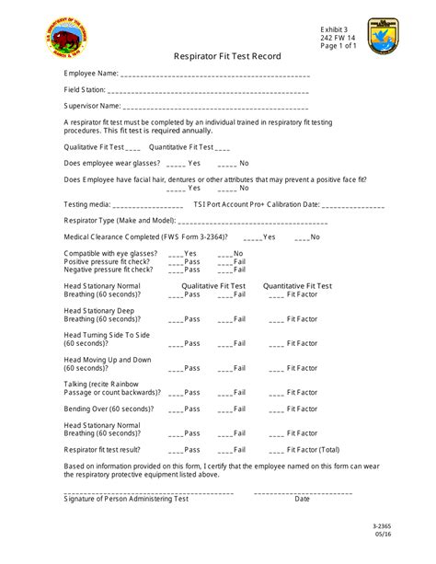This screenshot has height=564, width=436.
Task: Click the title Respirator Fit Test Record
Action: pos(227,56)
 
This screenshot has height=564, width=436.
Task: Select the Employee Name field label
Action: pos(91,73)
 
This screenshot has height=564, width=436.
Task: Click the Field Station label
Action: pos(85,89)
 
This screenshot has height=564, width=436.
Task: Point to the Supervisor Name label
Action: pos(91,106)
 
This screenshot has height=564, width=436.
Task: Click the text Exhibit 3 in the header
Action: pos(337,29)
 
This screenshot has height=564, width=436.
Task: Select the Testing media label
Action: pos(87,204)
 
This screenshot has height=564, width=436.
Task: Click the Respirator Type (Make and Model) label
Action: pos(120,221)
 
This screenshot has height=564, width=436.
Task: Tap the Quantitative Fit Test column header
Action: pos(298,286)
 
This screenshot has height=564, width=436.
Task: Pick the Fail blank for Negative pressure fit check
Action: pos(224,270)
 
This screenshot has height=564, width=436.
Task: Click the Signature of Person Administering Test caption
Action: pos(125,499)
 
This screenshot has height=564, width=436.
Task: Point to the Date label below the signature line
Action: pos(302,499)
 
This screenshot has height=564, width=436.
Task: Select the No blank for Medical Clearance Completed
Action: pos(301,236)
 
